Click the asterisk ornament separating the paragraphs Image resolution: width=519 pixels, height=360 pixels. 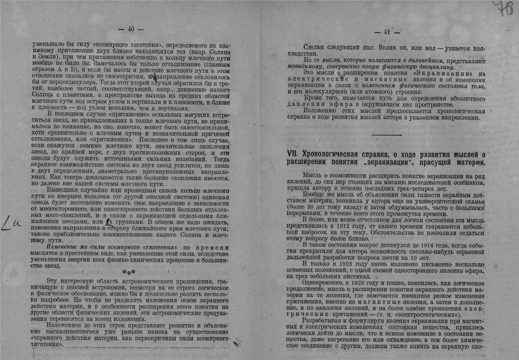click(x=129, y=271)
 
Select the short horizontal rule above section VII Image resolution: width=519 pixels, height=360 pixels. click(x=386, y=135)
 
